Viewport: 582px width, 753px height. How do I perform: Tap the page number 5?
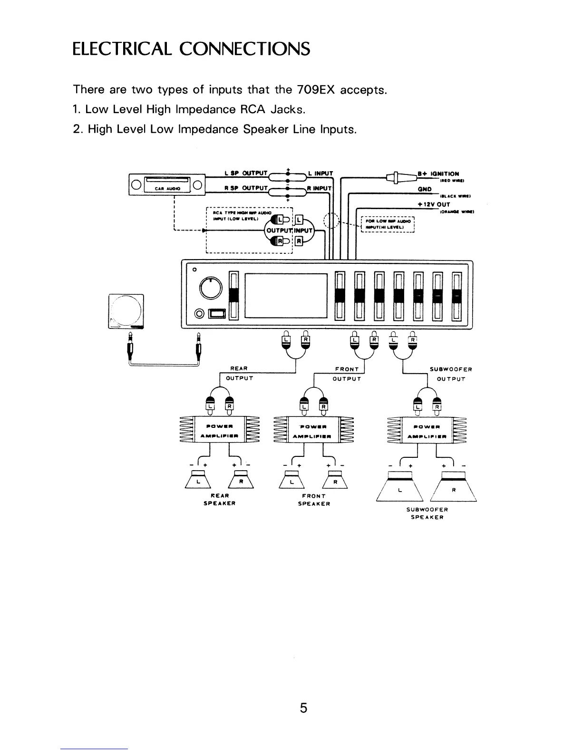[304, 708]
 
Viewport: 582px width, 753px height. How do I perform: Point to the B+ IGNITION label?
[438, 174]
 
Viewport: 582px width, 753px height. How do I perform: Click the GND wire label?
[425, 189]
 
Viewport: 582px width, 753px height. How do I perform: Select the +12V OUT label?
[433, 204]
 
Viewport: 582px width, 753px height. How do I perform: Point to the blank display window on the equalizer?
[286, 295]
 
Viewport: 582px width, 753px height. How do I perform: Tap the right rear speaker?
[241, 479]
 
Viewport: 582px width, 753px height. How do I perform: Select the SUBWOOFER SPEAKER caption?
[427, 513]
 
